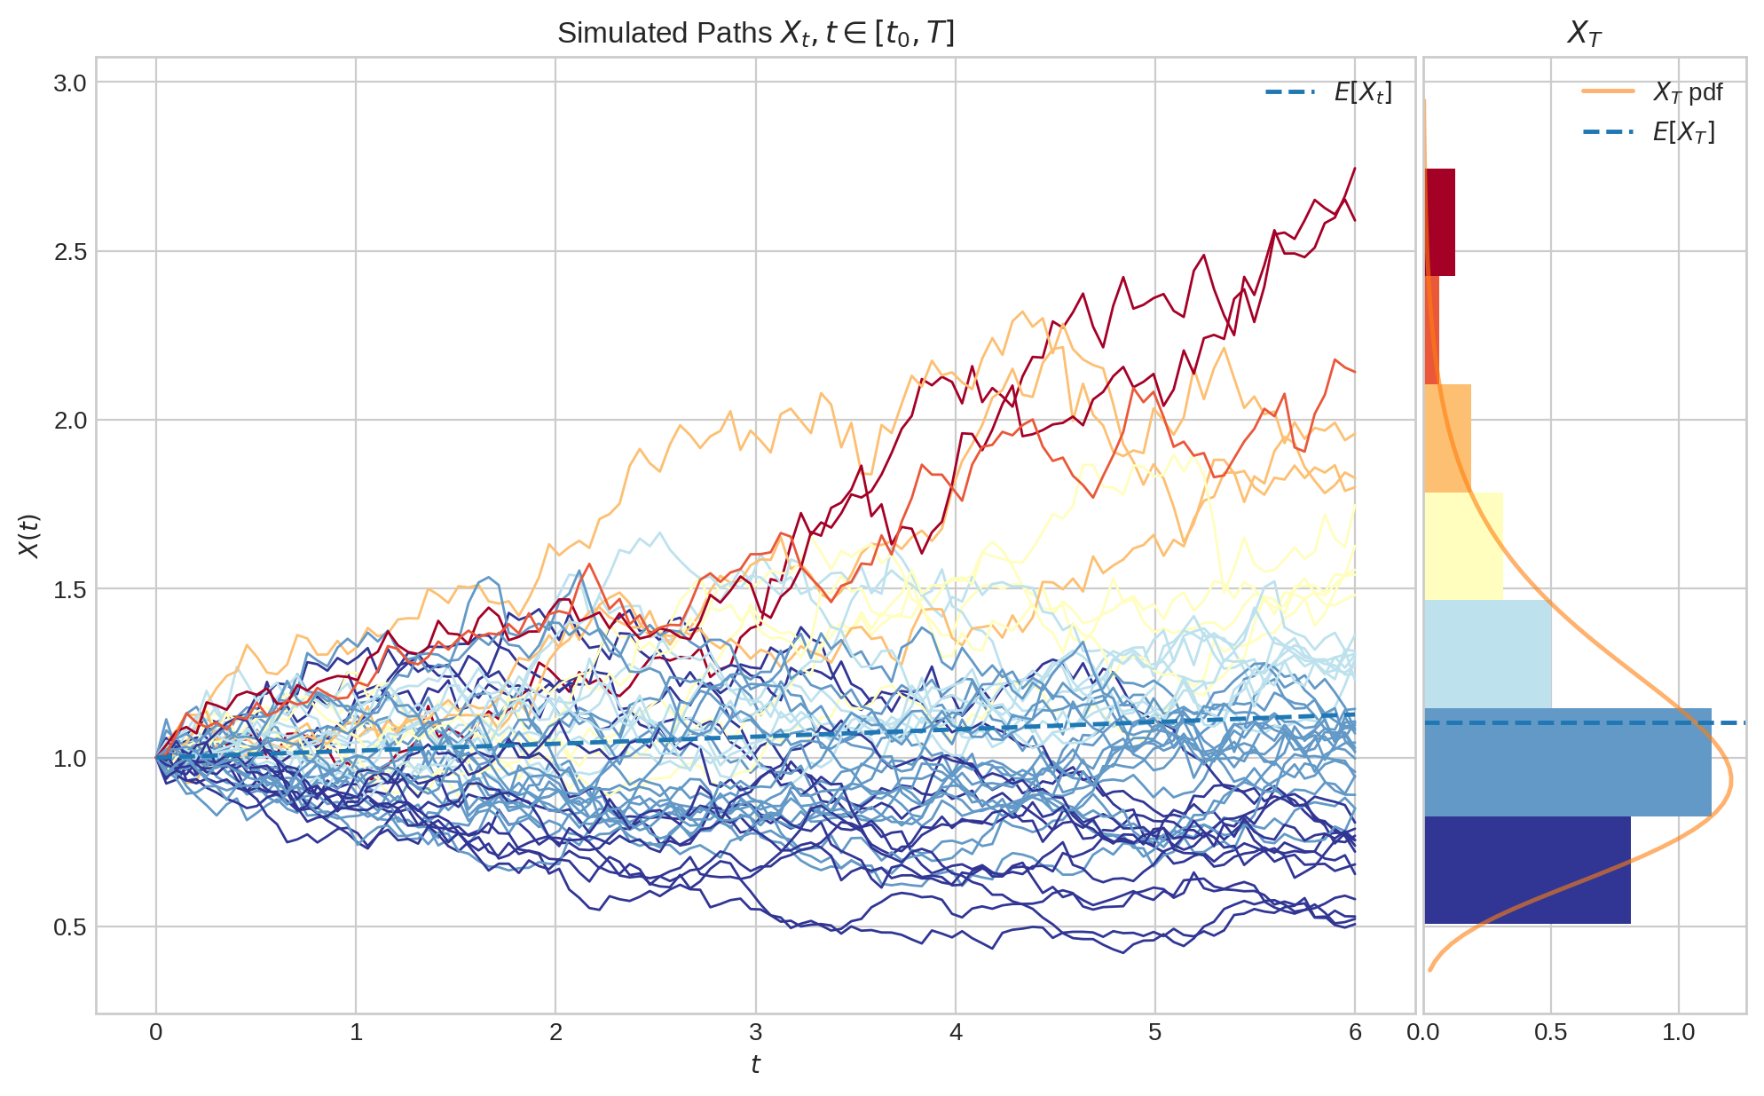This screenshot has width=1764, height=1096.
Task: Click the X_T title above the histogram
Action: (x=1584, y=34)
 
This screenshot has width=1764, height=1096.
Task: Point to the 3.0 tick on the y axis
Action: (x=70, y=83)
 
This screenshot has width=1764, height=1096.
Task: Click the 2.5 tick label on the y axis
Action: (x=70, y=252)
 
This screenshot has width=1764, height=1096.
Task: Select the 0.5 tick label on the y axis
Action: (x=70, y=927)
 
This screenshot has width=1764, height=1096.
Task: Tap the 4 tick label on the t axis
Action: (x=956, y=1032)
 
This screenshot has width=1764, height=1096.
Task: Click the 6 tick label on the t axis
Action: (x=1355, y=1032)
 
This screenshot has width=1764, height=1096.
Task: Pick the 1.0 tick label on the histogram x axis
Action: (x=1678, y=1032)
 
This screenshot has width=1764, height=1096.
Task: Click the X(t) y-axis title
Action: (x=29, y=536)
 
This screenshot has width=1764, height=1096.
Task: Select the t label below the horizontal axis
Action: (x=755, y=1064)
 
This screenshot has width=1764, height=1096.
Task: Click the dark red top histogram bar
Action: (x=1440, y=222)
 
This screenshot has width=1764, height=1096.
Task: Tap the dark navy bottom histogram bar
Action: (x=1527, y=870)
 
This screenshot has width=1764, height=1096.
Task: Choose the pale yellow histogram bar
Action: (x=1463, y=546)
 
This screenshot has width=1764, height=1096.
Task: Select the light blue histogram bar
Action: (x=1487, y=654)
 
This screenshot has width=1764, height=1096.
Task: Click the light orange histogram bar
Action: (x=1447, y=438)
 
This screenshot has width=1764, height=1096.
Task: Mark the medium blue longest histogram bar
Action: (x=1567, y=762)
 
